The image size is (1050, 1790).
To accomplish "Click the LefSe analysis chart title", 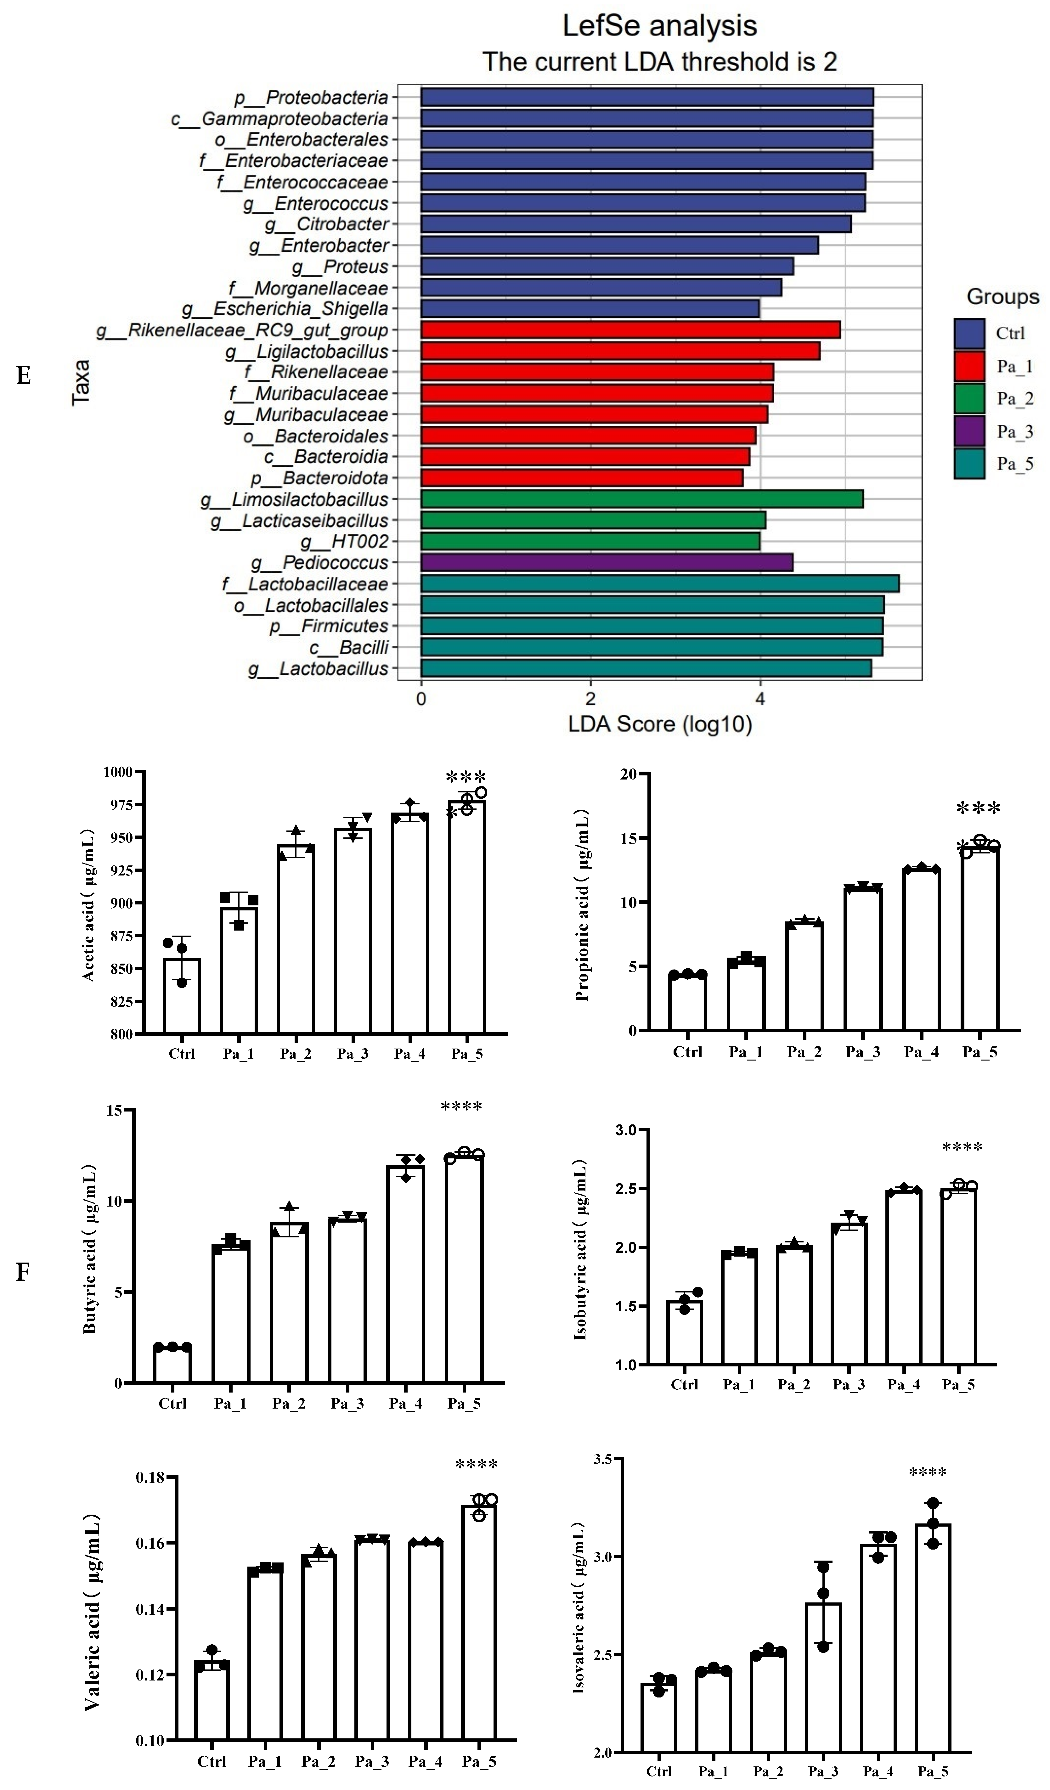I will [x=659, y=26].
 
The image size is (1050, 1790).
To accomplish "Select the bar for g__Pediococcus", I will [x=606, y=563].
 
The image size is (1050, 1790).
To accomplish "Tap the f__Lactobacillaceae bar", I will [x=659, y=584].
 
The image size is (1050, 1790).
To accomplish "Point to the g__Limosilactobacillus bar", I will [x=641, y=499].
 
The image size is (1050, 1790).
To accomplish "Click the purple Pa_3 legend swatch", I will [x=969, y=431].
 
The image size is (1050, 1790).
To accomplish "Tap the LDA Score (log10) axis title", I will [x=659, y=724].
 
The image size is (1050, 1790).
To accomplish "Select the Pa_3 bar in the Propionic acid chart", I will [x=863, y=959].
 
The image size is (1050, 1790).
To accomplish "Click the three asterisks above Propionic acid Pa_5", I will [x=978, y=808].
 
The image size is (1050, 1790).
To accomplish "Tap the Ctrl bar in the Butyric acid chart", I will [x=172, y=1365].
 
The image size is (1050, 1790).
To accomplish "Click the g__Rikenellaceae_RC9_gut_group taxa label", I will [x=242, y=330].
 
